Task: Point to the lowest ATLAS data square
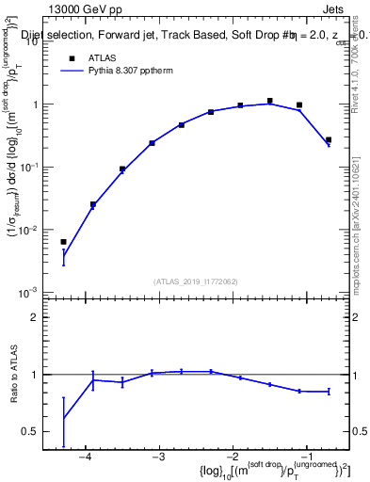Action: tap(63, 242)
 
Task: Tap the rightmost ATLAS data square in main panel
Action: tap(329, 140)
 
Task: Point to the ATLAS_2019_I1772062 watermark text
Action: tap(195, 281)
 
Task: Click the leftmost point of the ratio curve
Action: tap(63, 418)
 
